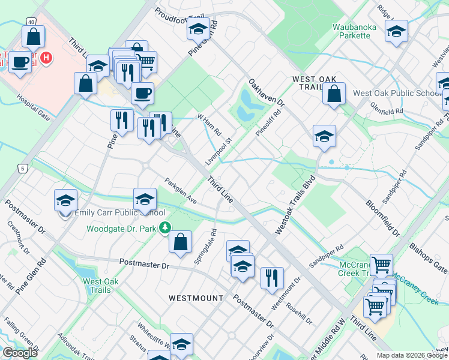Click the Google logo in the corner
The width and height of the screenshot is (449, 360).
[x=20, y=353]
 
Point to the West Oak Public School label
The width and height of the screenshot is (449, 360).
[x=397, y=93]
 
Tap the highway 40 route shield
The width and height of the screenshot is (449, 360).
[x=30, y=22]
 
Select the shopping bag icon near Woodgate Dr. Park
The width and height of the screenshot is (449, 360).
[x=180, y=242]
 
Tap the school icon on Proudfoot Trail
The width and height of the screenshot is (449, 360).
[x=197, y=29]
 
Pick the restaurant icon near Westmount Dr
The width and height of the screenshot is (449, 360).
[x=271, y=277]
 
